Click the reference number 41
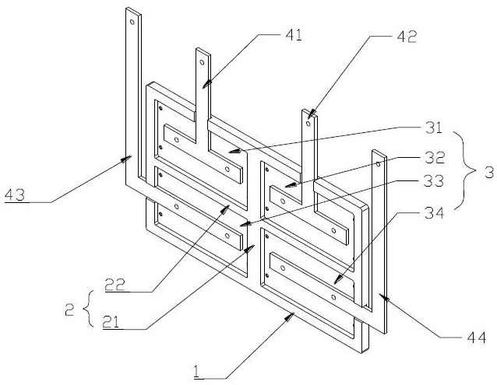tap(294, 36)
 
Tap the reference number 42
tap(407, 37)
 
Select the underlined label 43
tap(15, 195)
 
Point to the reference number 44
tap(477, 338)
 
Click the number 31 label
tap(434, 128)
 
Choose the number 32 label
tap(435, 158)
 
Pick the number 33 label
tap(434, 181)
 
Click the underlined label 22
tap(115, 285)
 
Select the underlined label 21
tap(111, 322)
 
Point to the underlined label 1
tap(197, 372)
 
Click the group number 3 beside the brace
tap(489, 173)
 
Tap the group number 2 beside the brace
tap(69, 310)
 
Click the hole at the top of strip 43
tap(132, 22)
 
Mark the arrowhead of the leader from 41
tap(207, 84)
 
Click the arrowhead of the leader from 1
tap(289, 317)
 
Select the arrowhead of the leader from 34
tap(339, 280)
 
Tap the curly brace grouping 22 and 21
tap(88, 308)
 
